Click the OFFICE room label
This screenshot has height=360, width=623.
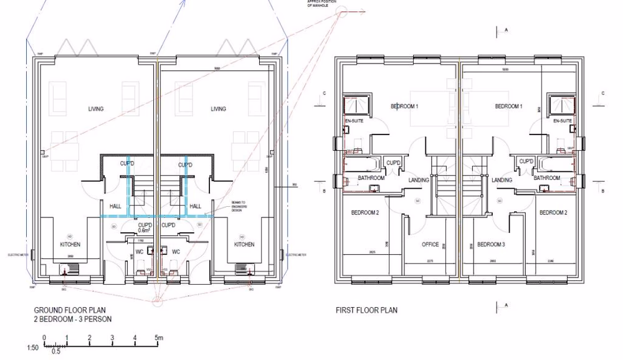point(430,245)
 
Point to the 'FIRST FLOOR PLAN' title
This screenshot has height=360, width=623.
point(366,310)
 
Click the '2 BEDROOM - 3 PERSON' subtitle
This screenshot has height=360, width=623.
point(73,320)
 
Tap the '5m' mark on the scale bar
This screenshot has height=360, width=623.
point(159,338)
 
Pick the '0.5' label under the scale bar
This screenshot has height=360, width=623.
point(55,352)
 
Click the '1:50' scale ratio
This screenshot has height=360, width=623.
point(32,348)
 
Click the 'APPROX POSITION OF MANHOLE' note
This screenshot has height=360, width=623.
point(321,2)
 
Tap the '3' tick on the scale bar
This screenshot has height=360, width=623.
point(112,338)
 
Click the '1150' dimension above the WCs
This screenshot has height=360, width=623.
point(141,240)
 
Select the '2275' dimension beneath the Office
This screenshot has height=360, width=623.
point(430,262)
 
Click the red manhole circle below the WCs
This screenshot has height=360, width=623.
point(157,301)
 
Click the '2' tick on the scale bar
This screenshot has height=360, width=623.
point(90,338)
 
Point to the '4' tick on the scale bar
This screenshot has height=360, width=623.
point(135,338)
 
